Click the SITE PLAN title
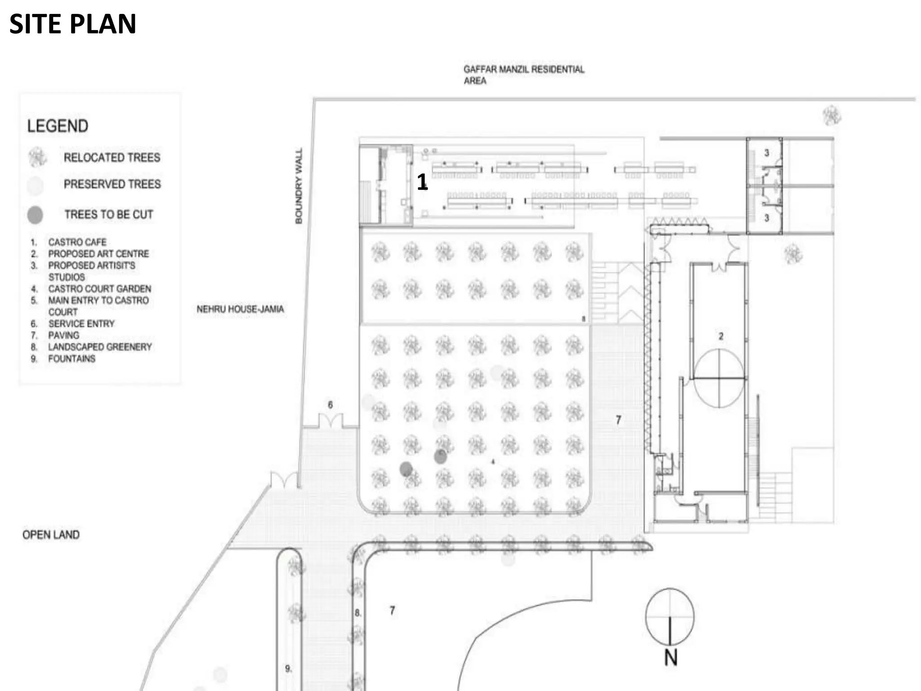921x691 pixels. click(72, 24)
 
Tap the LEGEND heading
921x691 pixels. click(58, 126)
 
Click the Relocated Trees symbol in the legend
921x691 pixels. click(37, 157)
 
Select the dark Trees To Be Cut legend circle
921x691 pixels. click(35, 215)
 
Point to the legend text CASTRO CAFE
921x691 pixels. click(77, 242)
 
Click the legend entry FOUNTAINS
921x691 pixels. click(72, 359)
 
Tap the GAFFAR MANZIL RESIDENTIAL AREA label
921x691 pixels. click(523, 75)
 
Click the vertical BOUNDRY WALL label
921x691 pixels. click(299, 185)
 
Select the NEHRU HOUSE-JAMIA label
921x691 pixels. click(240, 309)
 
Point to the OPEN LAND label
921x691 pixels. click(51, 534)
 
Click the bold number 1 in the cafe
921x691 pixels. click(422, 182)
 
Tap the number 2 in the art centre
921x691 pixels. click(721, 336)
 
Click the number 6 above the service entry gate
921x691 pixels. click(330, 405)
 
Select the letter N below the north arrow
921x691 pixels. click(671, 658)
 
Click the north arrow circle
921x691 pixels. click(670, 616)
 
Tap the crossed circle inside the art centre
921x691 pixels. click(719, 378)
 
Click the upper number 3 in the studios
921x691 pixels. click(767, 153)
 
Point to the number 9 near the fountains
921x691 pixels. click(288, 669)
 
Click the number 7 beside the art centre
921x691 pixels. click(618, 420)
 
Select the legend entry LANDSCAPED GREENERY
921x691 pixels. click(100, 347)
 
